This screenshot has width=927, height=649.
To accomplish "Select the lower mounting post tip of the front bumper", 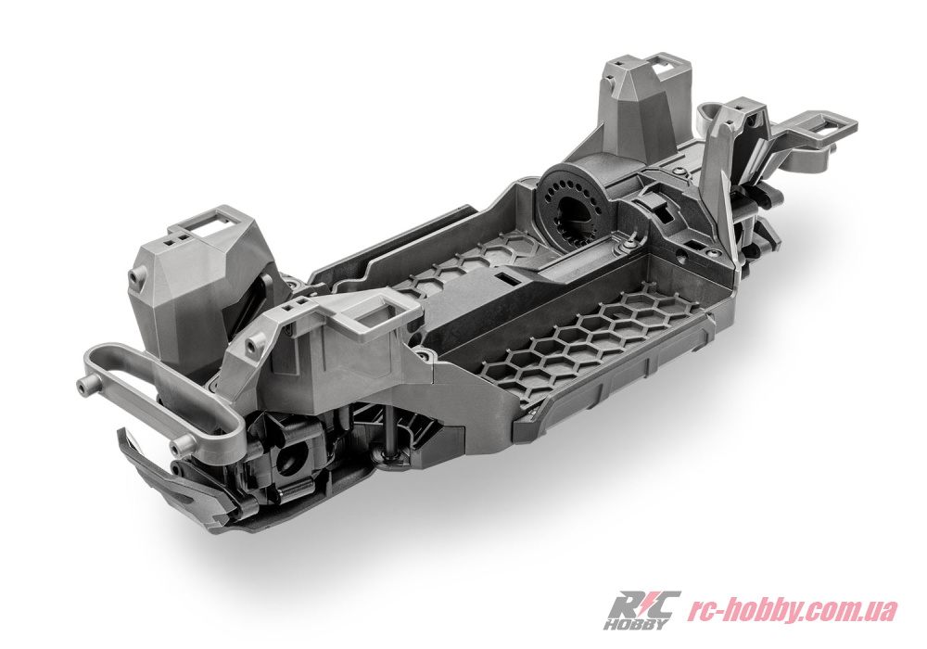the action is (x=177, y=444).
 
